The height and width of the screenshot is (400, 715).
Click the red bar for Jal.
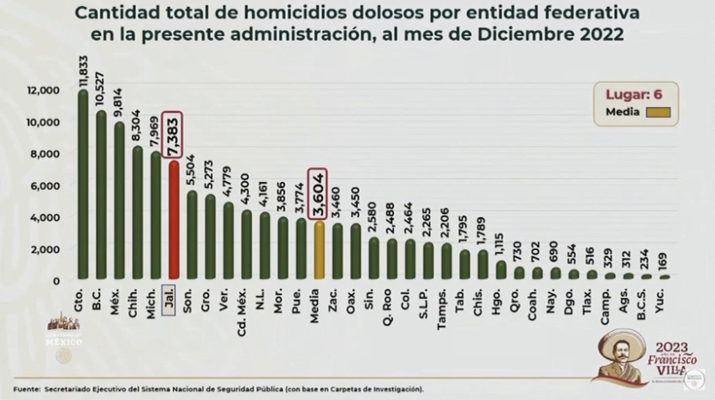click(x=174, y=220)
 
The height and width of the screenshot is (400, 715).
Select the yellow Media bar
click(x=319, y=250)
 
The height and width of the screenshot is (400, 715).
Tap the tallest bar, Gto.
click(x=83, y=185)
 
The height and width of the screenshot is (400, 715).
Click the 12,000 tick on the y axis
click(x=42, y=90)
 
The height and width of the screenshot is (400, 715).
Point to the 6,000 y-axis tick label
click(x=45, y=185)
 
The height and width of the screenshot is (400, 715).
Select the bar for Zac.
click(x=337, y=252)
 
